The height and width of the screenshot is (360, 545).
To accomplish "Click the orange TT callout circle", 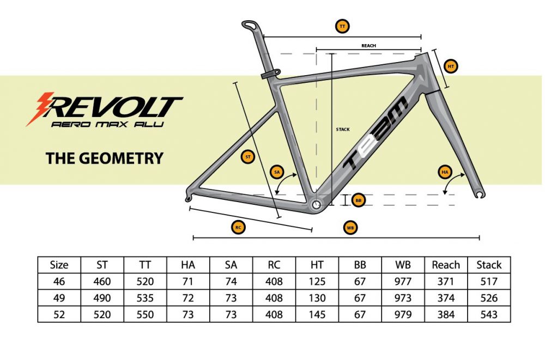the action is (x=342, y=26).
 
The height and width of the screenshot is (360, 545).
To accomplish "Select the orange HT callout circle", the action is (x=451, y=66).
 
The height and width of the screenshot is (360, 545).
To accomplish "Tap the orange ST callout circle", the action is (x=248, y=157).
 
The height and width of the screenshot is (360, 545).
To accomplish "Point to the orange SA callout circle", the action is (x=277, y=172).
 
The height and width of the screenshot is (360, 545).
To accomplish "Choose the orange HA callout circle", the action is (x=445, y=172).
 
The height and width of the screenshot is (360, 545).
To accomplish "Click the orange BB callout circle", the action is (x=359, y=200).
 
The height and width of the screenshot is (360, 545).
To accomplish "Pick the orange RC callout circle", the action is (x=238, y=228).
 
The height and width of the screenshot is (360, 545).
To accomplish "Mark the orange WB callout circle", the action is (x=350, y=228).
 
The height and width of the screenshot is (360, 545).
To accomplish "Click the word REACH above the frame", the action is (x=368, y=46).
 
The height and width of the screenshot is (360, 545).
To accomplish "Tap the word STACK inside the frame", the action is (x=343, y=129).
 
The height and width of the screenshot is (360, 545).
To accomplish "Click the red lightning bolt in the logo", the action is (x=40, y=108).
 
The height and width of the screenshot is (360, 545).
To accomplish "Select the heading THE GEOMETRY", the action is (x=104, y=158).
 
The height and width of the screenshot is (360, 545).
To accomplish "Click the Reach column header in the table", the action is (x=446, y=265).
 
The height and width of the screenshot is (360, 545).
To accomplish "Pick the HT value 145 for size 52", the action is (x=317, y=314).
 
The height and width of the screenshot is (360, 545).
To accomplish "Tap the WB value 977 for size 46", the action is (x=403, y=281).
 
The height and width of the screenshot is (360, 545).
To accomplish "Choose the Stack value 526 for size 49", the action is (x=489, y=298).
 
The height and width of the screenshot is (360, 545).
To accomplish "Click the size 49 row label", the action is (x=59, y=298).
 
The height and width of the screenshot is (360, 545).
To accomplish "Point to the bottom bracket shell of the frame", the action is (x=316, y=205).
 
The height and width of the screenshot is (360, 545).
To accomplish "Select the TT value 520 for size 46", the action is (x=145, y=281).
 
